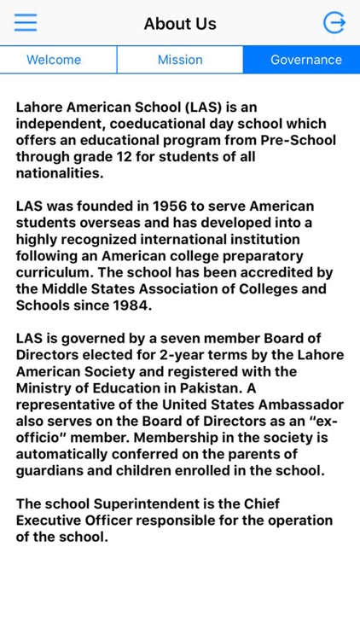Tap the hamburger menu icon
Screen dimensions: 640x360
(26, 22)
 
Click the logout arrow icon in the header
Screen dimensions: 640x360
(334, 23)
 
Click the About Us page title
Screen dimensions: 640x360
(180, 24)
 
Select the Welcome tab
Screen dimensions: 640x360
(54, 60)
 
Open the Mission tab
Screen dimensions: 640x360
(180, 60)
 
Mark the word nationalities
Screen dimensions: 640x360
(59, 173)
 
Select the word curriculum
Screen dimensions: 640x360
(55, 271)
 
